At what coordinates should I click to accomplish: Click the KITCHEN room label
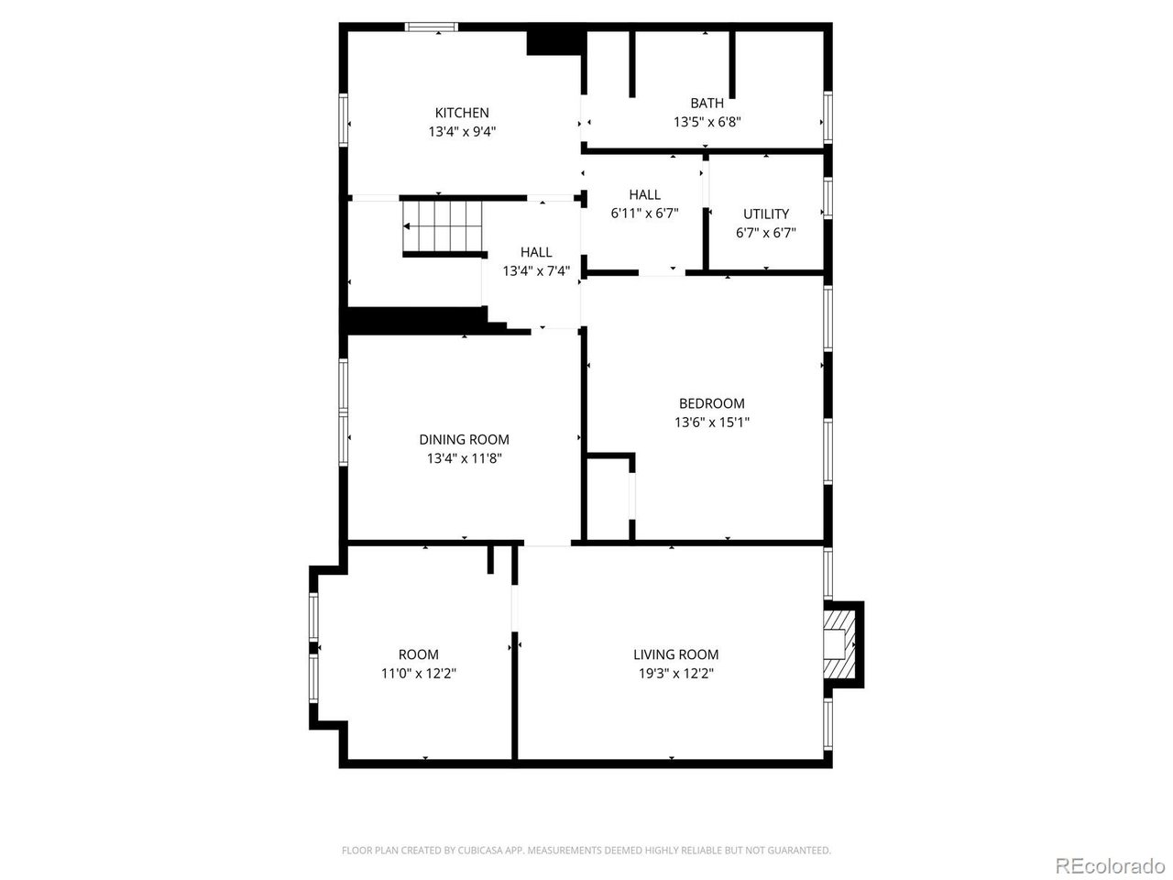click(462, 113)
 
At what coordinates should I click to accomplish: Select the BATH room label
click(707, 103)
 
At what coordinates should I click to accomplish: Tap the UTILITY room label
click(765, 214)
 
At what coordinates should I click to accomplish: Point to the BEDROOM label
click(711, 403)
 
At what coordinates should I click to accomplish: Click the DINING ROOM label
click(464, 439)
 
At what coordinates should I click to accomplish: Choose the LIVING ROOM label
click(675, 654)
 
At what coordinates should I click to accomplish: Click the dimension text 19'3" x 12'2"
click(675, 674)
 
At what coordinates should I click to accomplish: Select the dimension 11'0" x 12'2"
click(418, 674)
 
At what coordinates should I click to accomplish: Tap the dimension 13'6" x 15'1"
click(711, 423)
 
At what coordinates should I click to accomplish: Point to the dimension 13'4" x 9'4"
click(462, 132)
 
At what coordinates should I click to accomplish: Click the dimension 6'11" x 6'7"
click(644, 214)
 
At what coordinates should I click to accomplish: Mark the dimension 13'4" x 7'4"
click(536, 271)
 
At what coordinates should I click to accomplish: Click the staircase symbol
click(442, 226)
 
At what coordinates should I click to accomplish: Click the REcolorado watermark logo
click(1110, 865)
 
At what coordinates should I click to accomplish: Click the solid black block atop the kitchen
click(554, 42)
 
